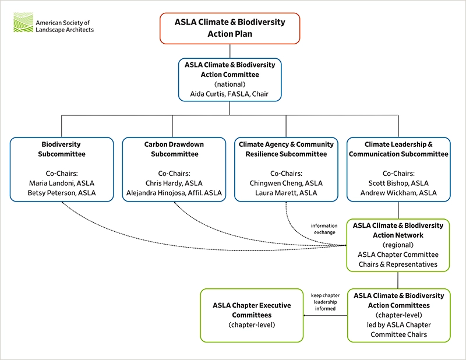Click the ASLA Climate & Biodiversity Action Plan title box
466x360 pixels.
pos(230,28)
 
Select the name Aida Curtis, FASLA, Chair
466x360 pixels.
pos(230,94)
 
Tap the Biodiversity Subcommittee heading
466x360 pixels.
pos(61,149)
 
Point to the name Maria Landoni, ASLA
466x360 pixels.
pos(61,183)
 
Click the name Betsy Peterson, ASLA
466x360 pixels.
pos(61,193)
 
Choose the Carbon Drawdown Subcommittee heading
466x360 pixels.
pos(173,149)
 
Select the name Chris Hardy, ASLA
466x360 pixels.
pos(173,183)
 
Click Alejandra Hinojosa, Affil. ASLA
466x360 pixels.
pos(173,193)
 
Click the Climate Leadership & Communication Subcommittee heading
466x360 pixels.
pos(398,149)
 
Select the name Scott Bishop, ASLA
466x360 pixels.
pos(398,183)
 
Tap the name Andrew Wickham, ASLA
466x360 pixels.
pos(398,193)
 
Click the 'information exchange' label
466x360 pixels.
pos(324,229)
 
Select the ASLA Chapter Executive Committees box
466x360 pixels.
pos(252,315)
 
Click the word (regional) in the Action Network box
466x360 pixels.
pos(398,245)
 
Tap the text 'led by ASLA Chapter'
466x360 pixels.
pos(398,324)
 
